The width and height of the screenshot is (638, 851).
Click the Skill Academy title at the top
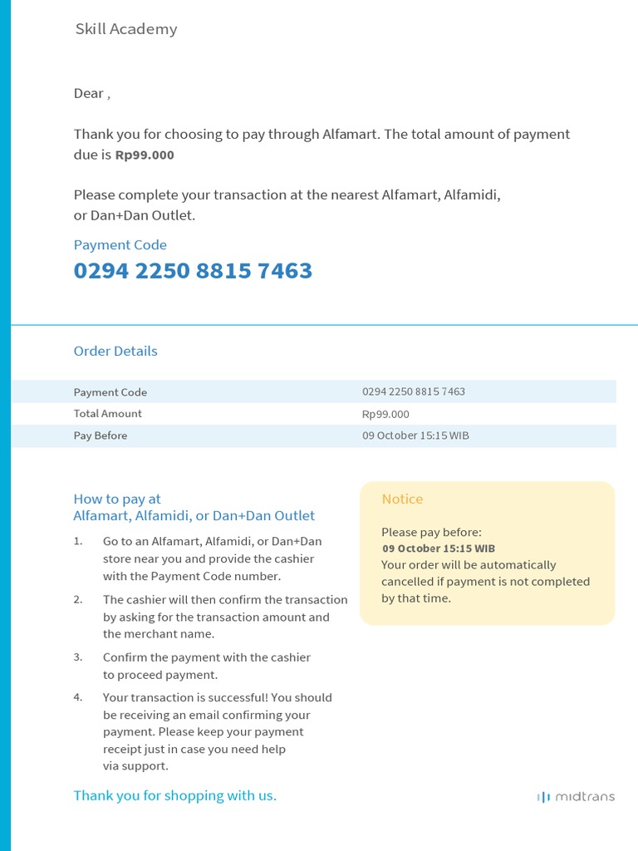click(x=125, y=29)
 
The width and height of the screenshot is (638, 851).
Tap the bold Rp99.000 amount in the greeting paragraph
click(x=145, y=155)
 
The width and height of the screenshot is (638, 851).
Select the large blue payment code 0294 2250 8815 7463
click(x=193, y=271)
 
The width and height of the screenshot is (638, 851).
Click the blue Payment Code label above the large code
click(x=120, y=245)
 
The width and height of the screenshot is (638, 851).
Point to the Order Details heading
click(x=115, y=351)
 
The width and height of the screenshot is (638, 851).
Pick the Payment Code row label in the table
click(x=110, y=392)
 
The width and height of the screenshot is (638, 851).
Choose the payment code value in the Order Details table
click(x=413, y=391)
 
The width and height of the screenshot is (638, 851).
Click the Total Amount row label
click(x=107, y=414)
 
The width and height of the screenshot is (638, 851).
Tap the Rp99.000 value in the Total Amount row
click(x=385, y=414)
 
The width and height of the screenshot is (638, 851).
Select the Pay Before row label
click(x=100, y=435)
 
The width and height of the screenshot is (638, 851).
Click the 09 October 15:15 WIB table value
click(x=415, y=435)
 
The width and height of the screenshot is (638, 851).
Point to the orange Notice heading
click(x=402, y=499)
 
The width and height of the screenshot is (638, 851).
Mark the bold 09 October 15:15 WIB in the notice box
click(x=439, y=548)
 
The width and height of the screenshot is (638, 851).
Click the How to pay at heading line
click(x=117, y=499)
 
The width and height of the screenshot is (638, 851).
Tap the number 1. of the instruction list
click(x=78, y=541)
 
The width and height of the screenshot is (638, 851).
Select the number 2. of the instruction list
click(x=78, y=599)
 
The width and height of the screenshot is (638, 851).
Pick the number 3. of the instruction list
click(x=78, y=657)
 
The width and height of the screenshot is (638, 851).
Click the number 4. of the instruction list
click(x=78, y=697)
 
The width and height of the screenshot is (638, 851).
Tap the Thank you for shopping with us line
click(x=174, y=795)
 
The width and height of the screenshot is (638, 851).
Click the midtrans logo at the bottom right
click(x=576, y=796)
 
